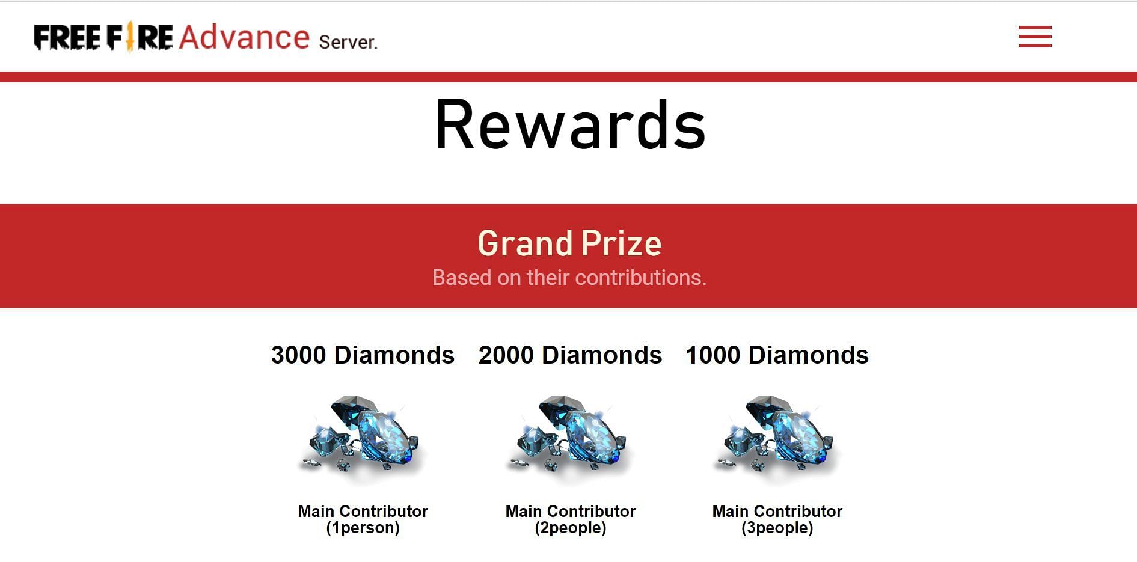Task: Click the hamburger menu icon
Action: [x=1035, y=37]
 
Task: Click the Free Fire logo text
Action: [x=103, y=38]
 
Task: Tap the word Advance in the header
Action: [x=244, y=37]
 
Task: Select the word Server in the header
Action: [x=348, y=42]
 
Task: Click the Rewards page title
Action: [x=569, y=125]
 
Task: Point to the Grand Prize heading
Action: [x=569, y=243]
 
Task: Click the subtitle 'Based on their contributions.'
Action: [x=569, y=278]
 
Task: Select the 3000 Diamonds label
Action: [x=363, y=355]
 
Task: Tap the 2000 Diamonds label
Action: [x=570, y=355]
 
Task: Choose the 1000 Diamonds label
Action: [x=777, y=355]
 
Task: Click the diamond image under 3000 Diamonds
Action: [x=363, y=437]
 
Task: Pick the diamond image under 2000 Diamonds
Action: [x=570, y=437]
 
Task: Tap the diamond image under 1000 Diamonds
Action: [x=777, y=437]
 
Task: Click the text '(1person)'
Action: [x=363, y=528]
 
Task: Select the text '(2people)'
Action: [x=570, y=528]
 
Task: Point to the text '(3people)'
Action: [x=777, y=528]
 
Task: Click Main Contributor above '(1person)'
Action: [x=363, y=511]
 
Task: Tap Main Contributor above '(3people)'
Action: [x=777, y=511]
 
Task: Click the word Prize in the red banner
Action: [x=621, y=243]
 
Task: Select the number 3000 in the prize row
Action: [x=298, y=355]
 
